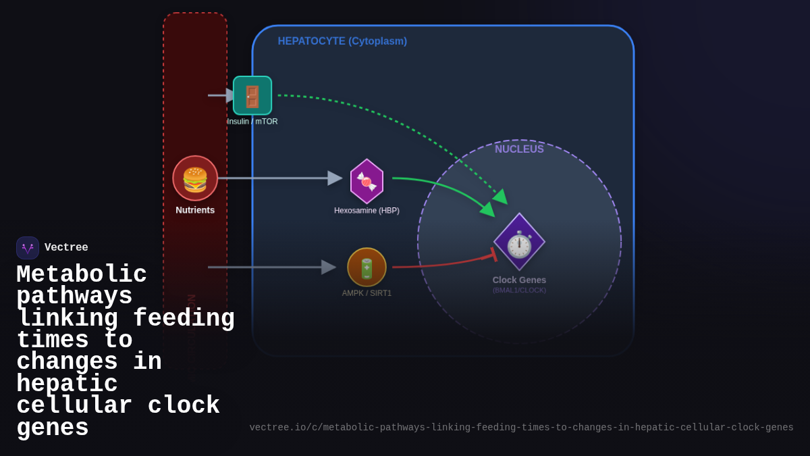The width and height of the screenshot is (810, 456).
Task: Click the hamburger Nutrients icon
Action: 195,178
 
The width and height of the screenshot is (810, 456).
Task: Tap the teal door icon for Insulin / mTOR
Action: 252,95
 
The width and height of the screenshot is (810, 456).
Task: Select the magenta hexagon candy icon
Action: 367,181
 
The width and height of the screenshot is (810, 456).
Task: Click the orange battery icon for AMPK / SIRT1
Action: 367,267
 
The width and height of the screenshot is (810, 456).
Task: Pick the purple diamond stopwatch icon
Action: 519,243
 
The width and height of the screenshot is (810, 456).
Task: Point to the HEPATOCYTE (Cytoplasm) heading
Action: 342,41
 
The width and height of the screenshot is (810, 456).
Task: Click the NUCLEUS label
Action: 519,149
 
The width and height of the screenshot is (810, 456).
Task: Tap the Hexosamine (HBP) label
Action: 367,211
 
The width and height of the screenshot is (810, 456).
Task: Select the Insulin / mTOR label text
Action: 252,122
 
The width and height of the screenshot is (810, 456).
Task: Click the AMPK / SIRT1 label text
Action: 367,293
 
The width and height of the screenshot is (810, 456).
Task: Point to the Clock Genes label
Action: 519,280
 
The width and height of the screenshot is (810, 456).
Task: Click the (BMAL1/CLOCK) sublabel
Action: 519,290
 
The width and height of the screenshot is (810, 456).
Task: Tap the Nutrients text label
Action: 195,210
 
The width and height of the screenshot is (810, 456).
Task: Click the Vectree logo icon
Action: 28,248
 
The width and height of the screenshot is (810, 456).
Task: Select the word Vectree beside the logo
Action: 66,248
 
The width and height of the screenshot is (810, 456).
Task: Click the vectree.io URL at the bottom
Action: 521,428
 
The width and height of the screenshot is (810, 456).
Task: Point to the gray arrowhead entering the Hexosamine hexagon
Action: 335,178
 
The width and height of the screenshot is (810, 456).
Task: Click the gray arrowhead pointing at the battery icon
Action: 329,267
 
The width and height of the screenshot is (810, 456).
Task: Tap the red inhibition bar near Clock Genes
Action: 494,254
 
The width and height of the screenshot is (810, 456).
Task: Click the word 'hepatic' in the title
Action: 67,384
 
